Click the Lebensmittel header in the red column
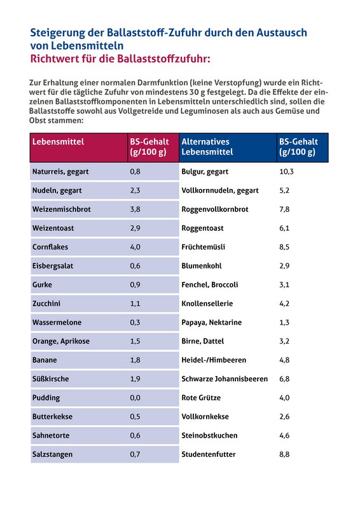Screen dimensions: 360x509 (x=58, y=142)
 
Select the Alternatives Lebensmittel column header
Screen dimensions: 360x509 (x=207, y=147)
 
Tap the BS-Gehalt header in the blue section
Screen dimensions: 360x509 (x=298, y=147)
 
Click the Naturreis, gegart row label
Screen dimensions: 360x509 (x=60, y=172)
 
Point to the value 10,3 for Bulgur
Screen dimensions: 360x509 (x=286, y=172)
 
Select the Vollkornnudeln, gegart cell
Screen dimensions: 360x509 (x=220, y=190)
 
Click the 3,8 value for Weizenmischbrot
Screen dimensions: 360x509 (x=135, y=209)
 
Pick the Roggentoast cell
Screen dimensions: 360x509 (x=202, y=228)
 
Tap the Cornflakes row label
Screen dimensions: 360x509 (x=50, y=247)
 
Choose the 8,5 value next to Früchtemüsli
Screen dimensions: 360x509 (x=284, y=247)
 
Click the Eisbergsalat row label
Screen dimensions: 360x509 (x=53, y=266)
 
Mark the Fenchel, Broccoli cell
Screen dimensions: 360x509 (x=210, y=284)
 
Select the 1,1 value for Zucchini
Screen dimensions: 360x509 (x=135, y=303)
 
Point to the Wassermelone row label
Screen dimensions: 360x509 (x=57, y=323)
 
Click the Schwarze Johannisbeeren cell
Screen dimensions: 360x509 (x=225, y=379)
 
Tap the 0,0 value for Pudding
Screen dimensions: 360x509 (x=135, y=398)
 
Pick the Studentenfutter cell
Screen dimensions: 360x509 (x=209, y=454)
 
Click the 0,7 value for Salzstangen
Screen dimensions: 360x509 (x=135, y=454)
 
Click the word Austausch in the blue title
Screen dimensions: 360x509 (x=282, y=32)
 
